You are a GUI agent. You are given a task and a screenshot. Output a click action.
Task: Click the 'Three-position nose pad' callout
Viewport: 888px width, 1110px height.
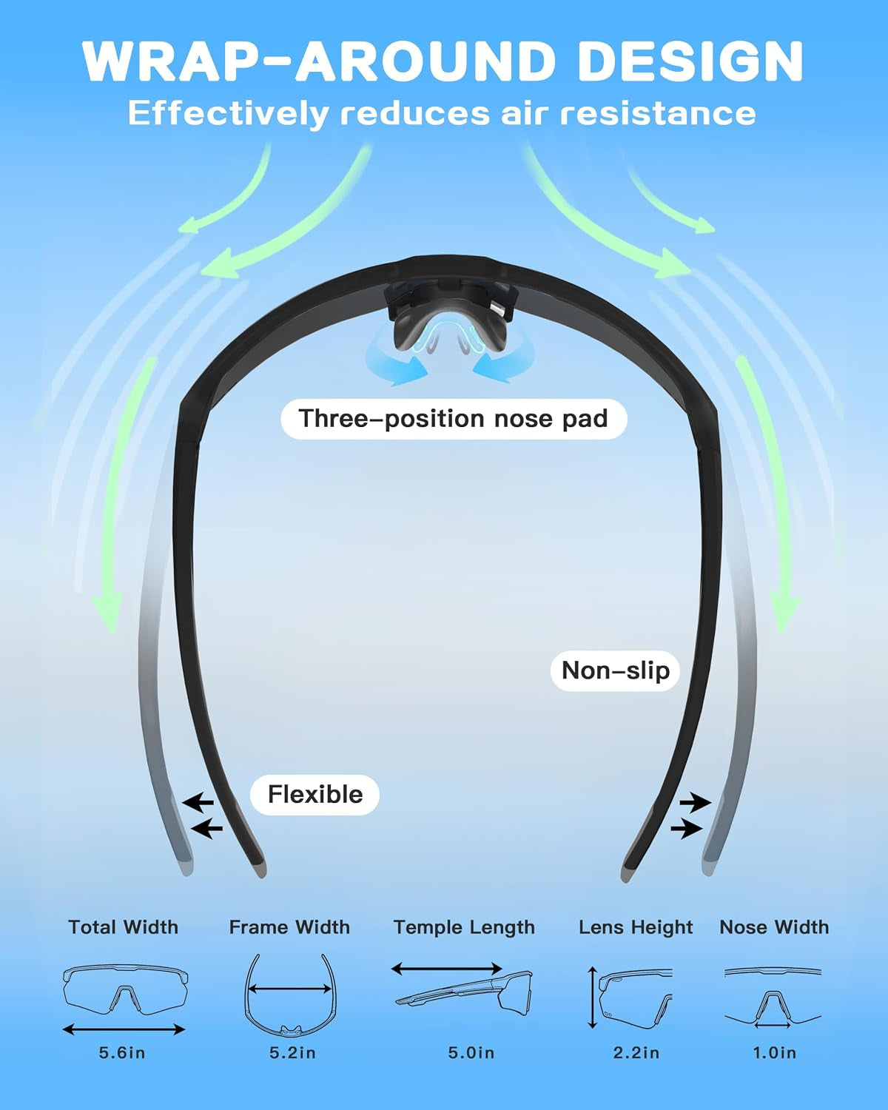(454, 419)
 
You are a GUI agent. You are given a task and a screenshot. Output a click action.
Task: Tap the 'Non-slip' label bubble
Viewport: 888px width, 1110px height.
(615, 670)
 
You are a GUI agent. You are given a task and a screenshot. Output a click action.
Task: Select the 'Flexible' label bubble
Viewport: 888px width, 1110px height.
(314, 794)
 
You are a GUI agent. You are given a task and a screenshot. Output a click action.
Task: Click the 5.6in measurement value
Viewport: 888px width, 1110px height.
(122, 1053)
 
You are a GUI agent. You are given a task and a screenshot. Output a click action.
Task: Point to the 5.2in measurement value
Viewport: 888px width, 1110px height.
(292, 1053)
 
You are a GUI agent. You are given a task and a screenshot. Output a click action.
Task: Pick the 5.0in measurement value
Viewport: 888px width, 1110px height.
(471, 1053)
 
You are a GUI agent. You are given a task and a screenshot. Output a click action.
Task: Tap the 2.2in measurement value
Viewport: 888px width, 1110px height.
(636, 1053)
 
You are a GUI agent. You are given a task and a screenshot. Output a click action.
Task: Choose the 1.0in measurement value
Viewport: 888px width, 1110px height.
(774, 1053)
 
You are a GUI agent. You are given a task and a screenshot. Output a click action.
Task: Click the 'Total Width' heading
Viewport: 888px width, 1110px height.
(124, 927)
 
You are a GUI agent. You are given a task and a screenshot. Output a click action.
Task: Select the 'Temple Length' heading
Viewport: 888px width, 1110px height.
(465, 928)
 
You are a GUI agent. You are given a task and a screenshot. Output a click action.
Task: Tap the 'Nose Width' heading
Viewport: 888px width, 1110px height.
(774, 927)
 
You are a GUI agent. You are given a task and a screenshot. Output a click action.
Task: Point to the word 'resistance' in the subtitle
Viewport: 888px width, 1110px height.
(658, 113)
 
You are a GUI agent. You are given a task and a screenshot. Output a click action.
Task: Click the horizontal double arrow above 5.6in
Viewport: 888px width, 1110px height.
(124, 1030)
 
